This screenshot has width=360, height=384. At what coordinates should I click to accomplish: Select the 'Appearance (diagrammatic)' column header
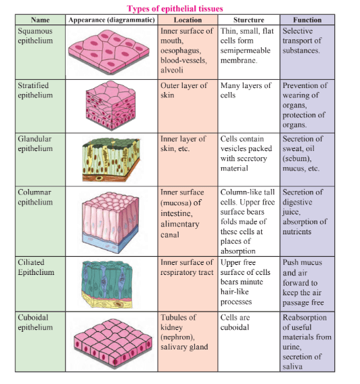coord(111,20)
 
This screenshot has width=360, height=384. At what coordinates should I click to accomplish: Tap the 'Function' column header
coord(308,20)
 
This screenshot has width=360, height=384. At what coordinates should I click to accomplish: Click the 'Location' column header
coord(187,20)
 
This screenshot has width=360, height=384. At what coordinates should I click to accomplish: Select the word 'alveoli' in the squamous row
coord(173,69)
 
